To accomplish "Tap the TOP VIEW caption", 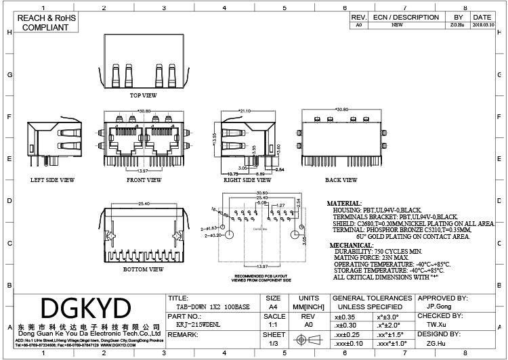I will click(143, 96).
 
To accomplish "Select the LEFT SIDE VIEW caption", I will click(52, 181).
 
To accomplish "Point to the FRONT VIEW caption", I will click(144, 181).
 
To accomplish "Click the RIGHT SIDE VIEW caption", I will click(247, 181).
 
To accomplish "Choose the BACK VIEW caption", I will click(341, 181).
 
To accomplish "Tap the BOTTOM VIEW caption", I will click(143, 269).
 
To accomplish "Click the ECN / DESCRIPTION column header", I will click(406, 17).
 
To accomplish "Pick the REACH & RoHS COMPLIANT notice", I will click(46, 22).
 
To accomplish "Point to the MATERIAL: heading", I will click(345, 203).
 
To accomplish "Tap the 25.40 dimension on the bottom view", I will click(144, 204).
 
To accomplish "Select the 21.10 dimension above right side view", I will click(245, 110).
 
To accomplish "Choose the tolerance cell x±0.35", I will click(345, 316).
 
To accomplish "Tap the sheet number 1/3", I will click(274, 344).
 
